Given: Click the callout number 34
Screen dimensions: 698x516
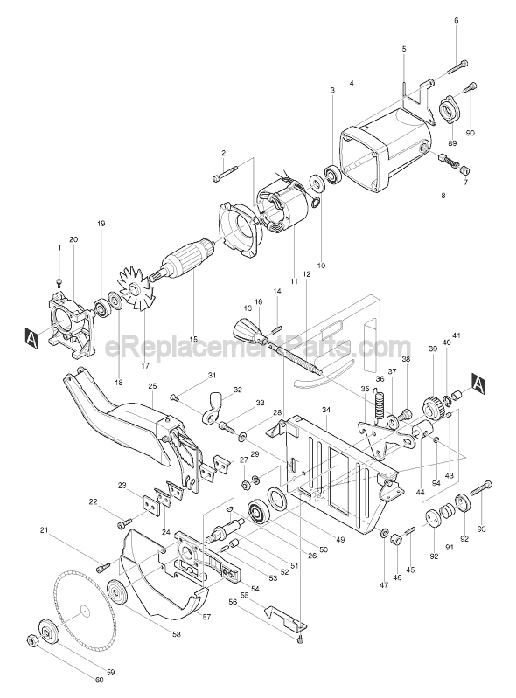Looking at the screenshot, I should pyautogui.click(x=325, y=410).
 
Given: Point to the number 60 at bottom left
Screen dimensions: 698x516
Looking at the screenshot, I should pyautogui.click(x=99, y=680).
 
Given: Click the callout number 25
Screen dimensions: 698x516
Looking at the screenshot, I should pyautogui.click(x=151, y=387).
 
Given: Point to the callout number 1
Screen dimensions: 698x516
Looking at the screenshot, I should pyautogui.click(x=59, y=249).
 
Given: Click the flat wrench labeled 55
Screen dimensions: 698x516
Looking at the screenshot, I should pyautogui.click(x=285, y=618).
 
